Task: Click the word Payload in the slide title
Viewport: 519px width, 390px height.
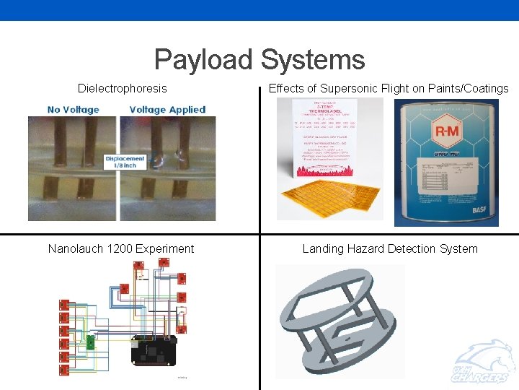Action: pos(203,60)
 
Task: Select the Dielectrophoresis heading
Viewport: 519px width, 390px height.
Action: pos(123,89)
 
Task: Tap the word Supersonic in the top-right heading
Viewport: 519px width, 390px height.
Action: pos(349,89)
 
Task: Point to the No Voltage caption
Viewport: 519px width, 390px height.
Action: pos(74,110)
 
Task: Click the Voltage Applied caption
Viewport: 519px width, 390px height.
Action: pos(167,110)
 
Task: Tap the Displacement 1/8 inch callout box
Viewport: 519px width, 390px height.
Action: pos(125,162)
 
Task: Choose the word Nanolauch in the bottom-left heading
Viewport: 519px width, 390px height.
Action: pos(76,249)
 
